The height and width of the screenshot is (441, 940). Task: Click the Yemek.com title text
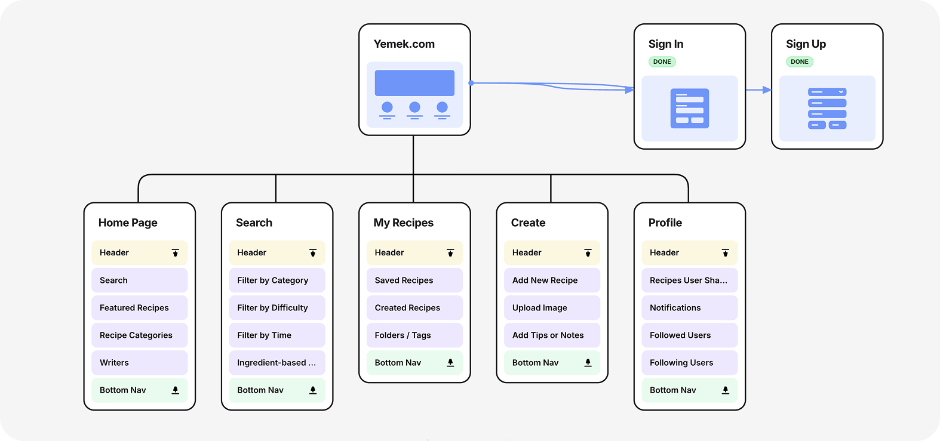click(404, 44)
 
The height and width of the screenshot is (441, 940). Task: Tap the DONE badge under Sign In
click(662, 61)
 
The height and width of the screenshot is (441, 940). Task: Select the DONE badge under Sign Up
click(799, 61)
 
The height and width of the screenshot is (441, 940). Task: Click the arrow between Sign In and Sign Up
click(758, 90)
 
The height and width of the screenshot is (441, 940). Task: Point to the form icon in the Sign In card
click(689, 108)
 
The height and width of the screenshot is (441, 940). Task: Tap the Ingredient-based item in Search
click(277, 363)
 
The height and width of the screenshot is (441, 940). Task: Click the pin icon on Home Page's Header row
click(176, 253)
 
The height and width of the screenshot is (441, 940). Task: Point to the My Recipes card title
click(403, 223)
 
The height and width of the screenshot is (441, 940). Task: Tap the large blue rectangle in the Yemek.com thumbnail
click(414, 83)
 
